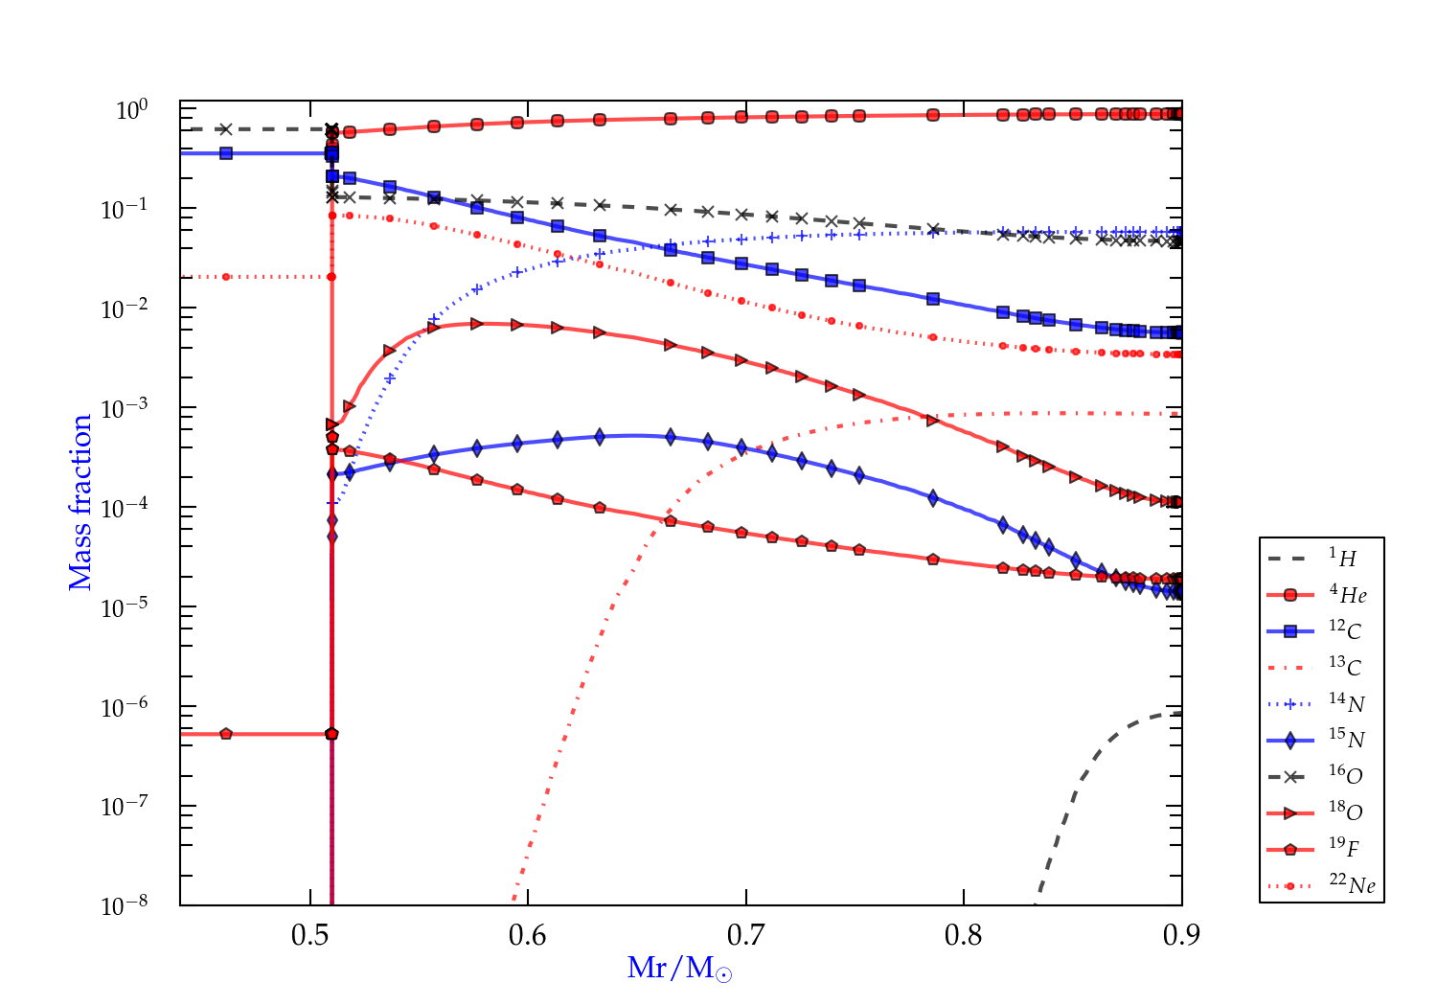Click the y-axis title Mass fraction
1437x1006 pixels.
(80, 502)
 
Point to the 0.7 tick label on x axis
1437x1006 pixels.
(745, 935)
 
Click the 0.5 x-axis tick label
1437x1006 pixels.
(310, 935)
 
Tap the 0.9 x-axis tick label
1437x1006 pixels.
(1181, 935)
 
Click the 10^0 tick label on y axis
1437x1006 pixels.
(131, 110)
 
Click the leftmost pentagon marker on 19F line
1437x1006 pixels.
(226, 734)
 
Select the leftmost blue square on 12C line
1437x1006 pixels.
(226, 153)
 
